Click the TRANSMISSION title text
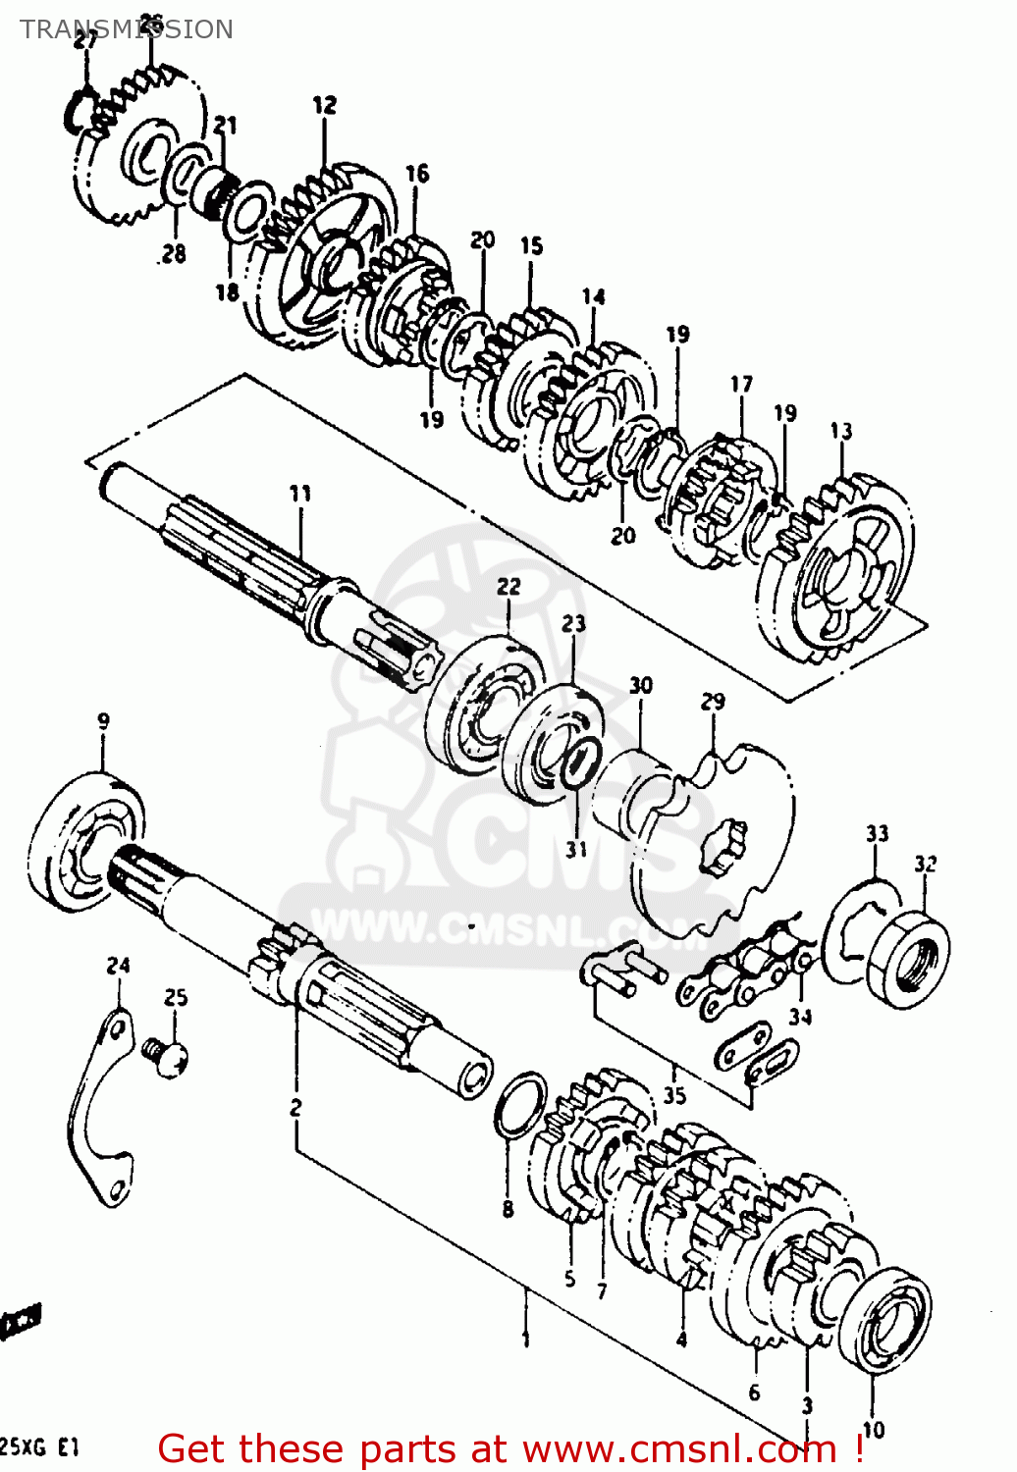pos(127,29)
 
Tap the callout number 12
pos(325,105)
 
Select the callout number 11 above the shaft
pos(300,493)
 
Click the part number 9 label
pos(103,721)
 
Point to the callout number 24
pos(118,966)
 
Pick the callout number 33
pos(877,833)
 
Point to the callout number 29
pos(714,701)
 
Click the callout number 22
pos(508,586)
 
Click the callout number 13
pos(841,431)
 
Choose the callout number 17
pos(742,384)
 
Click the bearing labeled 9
pos(85,834)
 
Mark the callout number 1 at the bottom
pos(526,1339)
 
